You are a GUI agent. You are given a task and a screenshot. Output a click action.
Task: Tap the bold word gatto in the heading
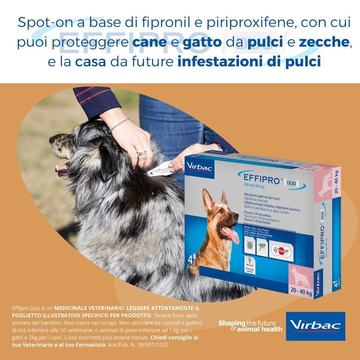coord(202,42)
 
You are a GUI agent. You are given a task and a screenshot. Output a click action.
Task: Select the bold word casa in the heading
coord(91,62)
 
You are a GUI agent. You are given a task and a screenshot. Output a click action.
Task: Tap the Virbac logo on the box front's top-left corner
coord(194,166)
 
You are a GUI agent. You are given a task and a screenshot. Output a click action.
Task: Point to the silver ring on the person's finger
coord(142,153)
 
